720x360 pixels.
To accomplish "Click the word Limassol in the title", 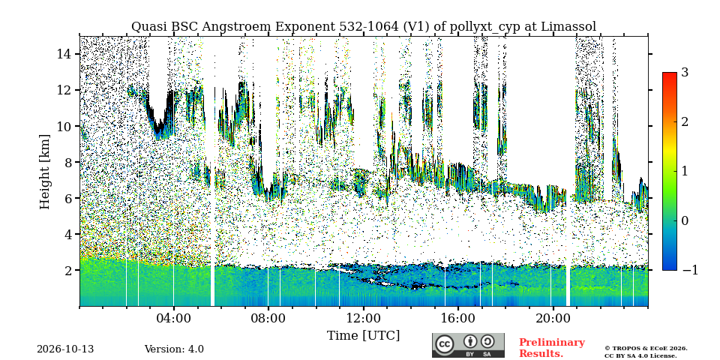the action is pyautogui.click(x=568, y=27).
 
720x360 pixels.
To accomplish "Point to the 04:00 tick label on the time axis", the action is pyautogui.click(x=174, y=319).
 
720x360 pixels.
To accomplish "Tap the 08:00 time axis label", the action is pyautogui.click(x=268, y=319).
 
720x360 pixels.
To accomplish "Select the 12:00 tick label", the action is pyautogui.click(x=363, y=319).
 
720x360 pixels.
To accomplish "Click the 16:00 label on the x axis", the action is pyautogui.click(x=458, y=319).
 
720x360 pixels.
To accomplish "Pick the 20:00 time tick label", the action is pyautogui.click(x=553, y=319).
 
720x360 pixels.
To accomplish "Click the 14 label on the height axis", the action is pyautogui.click(x=64, y=54).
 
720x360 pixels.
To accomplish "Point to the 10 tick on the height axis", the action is pyautogui.click(x=64, y=126).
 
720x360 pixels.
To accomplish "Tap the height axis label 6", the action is pyautogui.click(x=69, y=198).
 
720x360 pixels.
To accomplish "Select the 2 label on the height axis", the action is pyautogui.click(x=69, y=271).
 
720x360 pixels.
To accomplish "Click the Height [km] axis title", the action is pyautogui.click(x=44, y=172).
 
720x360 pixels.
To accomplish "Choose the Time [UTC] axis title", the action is pyautogui.click(x=363, y=336).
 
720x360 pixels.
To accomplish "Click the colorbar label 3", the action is pyautogui.click(x=685, y=73).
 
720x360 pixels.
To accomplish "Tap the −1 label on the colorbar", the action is pyautogui.click(x=690, y=271).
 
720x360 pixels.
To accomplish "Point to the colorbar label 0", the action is pyautogui.click(x=685, y=220).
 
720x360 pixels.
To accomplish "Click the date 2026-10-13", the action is pyautogui.click(x=65, y=349).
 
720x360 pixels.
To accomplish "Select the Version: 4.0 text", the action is pyautogui.click(x=174, y=349).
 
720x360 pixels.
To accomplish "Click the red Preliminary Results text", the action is pyautogui.click(x=552, y=348).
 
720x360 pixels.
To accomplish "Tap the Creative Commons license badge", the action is pyautogui.click(x=468, y=345).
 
